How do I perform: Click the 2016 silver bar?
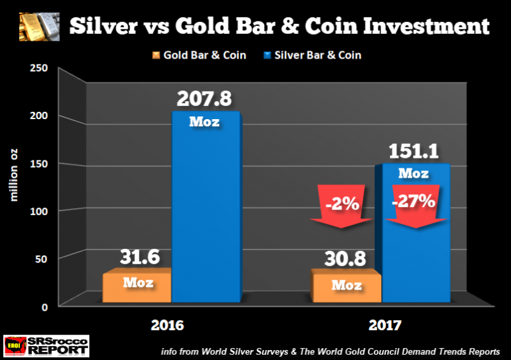(x=205, y=213)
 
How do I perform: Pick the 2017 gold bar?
(x=347, y=289)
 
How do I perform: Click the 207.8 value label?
(x=205, y=98)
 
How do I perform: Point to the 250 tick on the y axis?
(x=42, y=69)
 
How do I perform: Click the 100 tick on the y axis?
(x=42, y=211)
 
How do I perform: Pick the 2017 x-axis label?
(x=385, y=327)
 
